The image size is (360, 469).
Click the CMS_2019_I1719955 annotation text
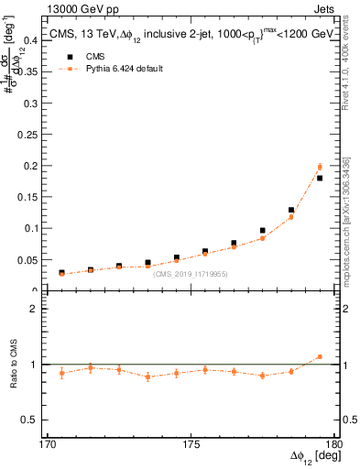click(191, 274)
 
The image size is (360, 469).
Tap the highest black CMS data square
click(320, 178)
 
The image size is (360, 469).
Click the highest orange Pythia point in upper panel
click(320, 167)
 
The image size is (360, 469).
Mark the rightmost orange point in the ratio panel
click(320, 356)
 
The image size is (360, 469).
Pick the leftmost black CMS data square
click(61, 272)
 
